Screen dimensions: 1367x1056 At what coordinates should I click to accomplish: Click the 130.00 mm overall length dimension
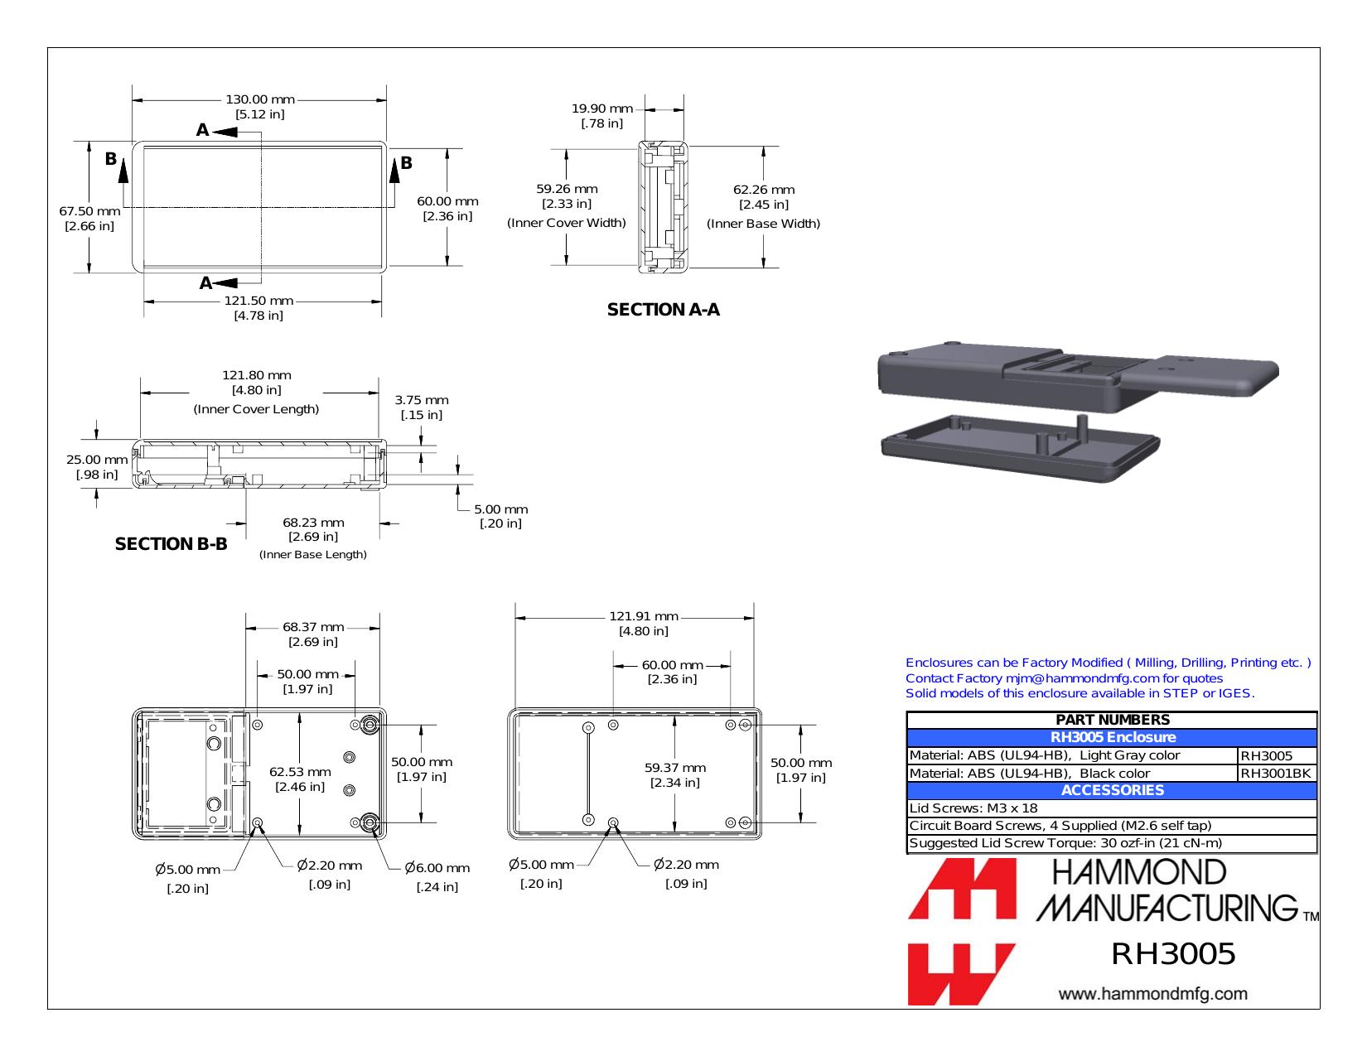260,99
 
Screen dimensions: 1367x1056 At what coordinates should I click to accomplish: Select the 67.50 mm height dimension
89,211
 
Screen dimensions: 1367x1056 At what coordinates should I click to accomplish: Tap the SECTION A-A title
663,310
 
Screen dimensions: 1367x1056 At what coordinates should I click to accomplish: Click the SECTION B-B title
171,544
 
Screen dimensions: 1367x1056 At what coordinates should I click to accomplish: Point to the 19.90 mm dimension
601,108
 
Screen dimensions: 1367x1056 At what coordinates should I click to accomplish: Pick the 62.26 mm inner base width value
764,190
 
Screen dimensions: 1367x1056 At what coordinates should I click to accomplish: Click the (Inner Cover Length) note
256,409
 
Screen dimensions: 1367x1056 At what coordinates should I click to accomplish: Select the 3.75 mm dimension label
422,400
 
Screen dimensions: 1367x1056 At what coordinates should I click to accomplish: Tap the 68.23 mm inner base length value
313,523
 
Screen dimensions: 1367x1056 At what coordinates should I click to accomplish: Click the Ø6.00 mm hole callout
437,868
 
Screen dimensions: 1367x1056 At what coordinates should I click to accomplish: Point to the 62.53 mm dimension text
300,772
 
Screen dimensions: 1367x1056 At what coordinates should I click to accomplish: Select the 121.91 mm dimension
644,616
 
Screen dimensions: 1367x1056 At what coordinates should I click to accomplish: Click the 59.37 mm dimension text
675,768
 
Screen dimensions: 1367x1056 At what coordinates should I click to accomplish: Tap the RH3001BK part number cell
1276,774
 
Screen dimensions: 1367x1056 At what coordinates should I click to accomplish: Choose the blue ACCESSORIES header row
1112,791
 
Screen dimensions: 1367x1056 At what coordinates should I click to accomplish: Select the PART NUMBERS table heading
1112,720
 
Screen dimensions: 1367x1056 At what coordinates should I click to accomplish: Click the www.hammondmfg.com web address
1152,994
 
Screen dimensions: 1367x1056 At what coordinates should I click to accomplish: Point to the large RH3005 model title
1173,953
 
